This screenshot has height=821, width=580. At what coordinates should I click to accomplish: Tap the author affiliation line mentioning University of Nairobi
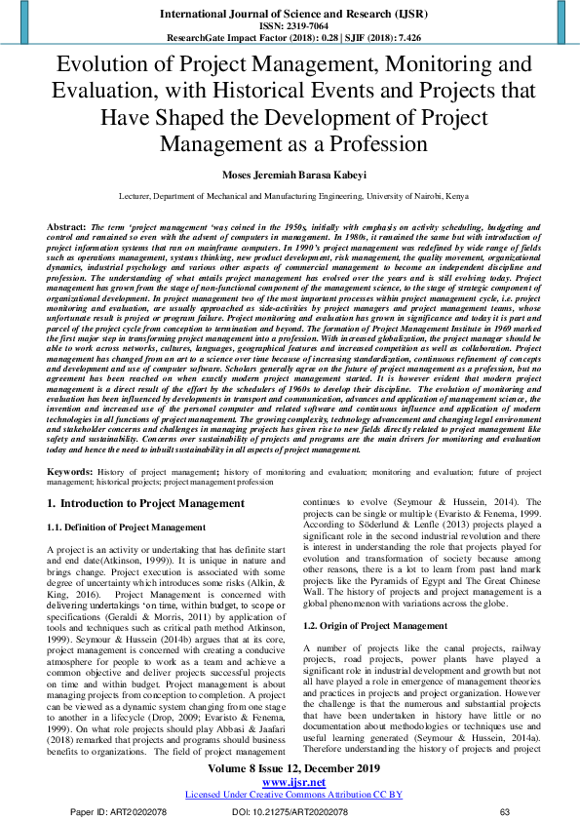tap(290, 195)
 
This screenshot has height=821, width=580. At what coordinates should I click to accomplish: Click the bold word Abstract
tap(65, 225)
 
